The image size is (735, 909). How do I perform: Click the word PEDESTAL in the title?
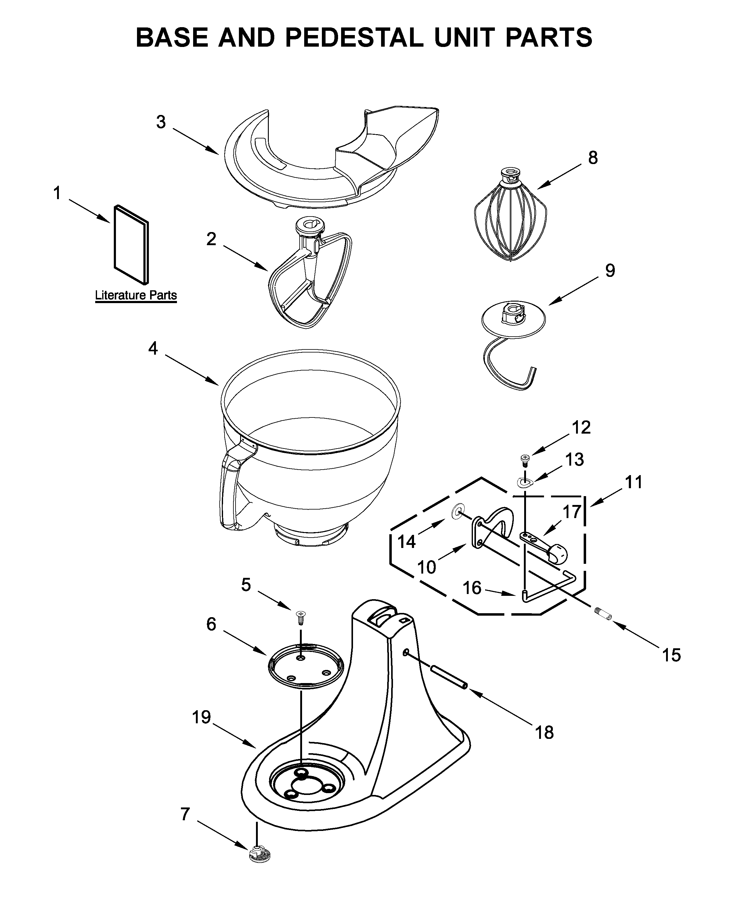point(354,37)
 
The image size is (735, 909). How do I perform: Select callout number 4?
point(153,348)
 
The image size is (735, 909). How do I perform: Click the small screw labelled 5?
point(301,618)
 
